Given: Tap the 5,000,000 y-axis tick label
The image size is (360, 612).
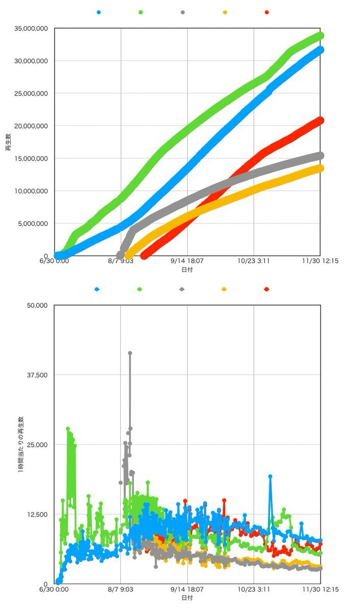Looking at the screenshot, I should click(x=33, y=223).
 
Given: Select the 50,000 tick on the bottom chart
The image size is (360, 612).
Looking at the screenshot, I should click(x=37, y=305).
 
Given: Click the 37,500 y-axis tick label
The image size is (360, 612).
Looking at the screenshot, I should click(x=37, y=375).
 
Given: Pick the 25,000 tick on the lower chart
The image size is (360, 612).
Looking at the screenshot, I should click(x=37, y=445).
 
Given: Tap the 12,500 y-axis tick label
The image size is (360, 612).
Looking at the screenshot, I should click(x=37, y=514).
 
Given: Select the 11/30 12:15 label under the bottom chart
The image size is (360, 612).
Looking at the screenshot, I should click(x=320, y=589).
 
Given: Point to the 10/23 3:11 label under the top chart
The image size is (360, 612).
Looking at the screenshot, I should click(x=254, y=261).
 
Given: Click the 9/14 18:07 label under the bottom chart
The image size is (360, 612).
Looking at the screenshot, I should click(x=187, y=589).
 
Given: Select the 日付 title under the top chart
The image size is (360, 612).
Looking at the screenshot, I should click(x=187, y=269).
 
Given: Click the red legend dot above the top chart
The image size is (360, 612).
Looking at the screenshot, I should click(x=267, y=12).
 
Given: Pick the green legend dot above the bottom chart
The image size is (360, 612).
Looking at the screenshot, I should click(x=140, y=289).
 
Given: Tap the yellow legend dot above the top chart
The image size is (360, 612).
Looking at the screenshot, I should click(x=224, y=12).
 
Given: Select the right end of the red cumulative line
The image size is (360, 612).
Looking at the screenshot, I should click(x=320, y=120).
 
